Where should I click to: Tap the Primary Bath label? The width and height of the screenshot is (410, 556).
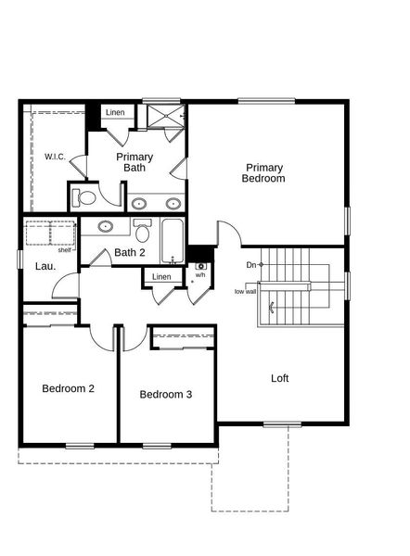tap(135, 162)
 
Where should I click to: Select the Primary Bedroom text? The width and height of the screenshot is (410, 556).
tap(264, 172)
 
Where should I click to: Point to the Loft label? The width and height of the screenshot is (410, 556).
tap(279, 378)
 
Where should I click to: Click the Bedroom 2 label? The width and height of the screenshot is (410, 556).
tap(68, 388)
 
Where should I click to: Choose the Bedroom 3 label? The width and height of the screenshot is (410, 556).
tap(165, 394)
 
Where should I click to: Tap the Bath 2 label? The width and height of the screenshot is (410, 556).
tap(130, 252)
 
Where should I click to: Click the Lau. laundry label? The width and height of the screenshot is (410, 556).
tap(45, 267)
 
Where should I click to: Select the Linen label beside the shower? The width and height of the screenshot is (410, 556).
tap(115, 113)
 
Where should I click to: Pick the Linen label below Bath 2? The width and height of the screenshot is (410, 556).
tap(161, 276)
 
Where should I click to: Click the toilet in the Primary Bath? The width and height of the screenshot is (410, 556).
tap(85, 197)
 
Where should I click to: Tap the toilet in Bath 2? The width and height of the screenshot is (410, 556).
tap(142, 228)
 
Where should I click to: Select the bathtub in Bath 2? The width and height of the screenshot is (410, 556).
tap(173, 240)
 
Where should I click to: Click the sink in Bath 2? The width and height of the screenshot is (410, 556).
tap(106, 227)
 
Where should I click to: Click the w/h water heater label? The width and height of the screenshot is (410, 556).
tap(200, 274)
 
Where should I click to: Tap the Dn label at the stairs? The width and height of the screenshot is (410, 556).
tap(250, 265)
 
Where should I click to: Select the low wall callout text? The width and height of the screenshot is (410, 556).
tap(245, 291)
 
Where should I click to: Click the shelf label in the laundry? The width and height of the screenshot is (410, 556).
tap(64, 249)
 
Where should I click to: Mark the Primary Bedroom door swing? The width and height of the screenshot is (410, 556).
tap(227, 234)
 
